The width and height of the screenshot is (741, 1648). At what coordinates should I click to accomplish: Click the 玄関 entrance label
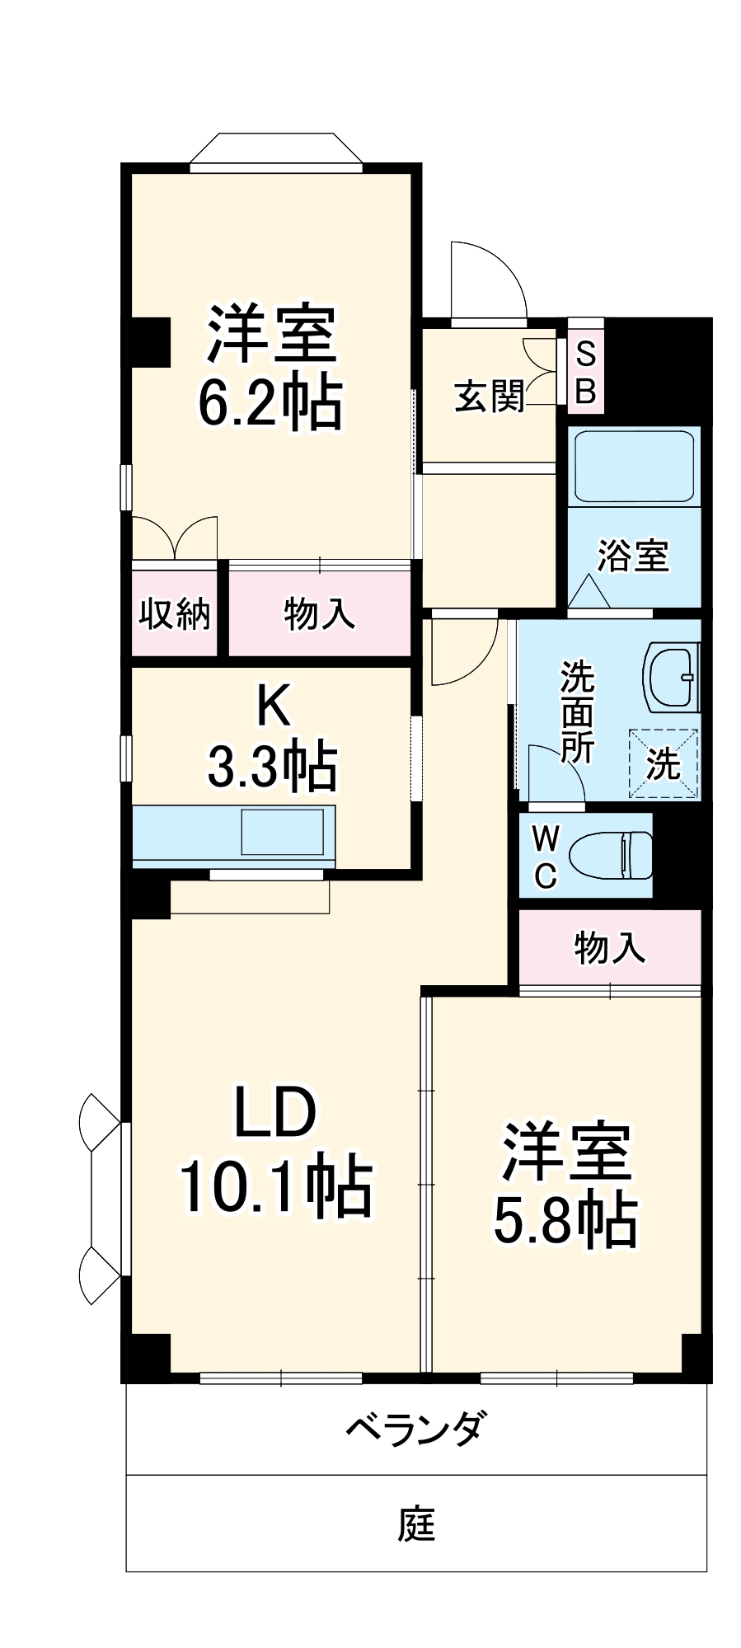[490, 397]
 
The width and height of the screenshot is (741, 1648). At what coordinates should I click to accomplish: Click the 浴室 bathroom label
[633, 556]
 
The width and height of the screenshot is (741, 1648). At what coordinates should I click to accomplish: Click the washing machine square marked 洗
[664, 763]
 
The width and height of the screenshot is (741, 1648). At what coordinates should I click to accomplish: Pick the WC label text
[544, 855]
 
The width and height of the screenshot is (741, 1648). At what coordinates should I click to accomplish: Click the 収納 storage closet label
[174, 613]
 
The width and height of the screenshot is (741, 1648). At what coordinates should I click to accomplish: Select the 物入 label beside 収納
[319, 613]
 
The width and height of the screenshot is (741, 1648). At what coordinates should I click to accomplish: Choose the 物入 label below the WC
[610, 948]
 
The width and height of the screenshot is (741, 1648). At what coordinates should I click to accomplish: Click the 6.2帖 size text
[270, 404]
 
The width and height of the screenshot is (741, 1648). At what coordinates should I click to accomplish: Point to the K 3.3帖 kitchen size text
[271, 767]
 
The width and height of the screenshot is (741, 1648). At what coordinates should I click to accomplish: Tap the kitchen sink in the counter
[282, 832]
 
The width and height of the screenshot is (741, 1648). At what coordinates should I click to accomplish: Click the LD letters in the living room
[274, 1113]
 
